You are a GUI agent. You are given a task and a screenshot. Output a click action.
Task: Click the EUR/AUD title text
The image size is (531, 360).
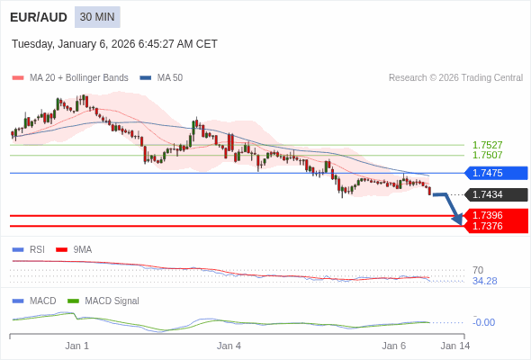click(38, 17)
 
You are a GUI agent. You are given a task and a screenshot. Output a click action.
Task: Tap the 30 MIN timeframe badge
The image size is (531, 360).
click(97, 17)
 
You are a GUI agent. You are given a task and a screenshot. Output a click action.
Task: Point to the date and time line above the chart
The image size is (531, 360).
click(114, 44)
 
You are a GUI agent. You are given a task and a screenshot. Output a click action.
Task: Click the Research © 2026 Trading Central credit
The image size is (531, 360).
click(455, 78)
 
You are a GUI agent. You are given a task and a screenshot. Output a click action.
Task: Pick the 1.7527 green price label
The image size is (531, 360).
click(487, 145)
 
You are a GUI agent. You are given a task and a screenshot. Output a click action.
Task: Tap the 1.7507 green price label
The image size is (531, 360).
click(487, 155)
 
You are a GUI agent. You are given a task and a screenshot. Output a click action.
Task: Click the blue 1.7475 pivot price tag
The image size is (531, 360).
click(494, 173)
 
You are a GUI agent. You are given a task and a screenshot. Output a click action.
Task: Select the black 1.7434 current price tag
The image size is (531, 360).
click(494, 194)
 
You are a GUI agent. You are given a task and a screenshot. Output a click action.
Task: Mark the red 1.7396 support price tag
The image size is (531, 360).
click(494, 215)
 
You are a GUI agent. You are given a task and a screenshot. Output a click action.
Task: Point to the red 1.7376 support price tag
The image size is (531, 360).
click(494, 226)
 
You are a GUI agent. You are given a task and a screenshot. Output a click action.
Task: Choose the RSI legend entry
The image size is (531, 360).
click(36, 249)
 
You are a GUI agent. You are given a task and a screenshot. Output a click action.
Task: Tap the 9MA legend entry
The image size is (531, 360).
click(82, 249)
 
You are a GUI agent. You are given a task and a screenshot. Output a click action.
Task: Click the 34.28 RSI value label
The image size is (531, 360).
click(484, 281)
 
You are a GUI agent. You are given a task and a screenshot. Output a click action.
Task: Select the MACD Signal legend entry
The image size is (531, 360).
click(111, 301)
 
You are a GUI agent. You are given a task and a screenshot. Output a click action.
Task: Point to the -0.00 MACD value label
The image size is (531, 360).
click(483, 322)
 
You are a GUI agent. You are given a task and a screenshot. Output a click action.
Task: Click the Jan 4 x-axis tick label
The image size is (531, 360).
click(229, 346)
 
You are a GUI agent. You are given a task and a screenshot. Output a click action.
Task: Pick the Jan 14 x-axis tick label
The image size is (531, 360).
click(454, 346)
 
